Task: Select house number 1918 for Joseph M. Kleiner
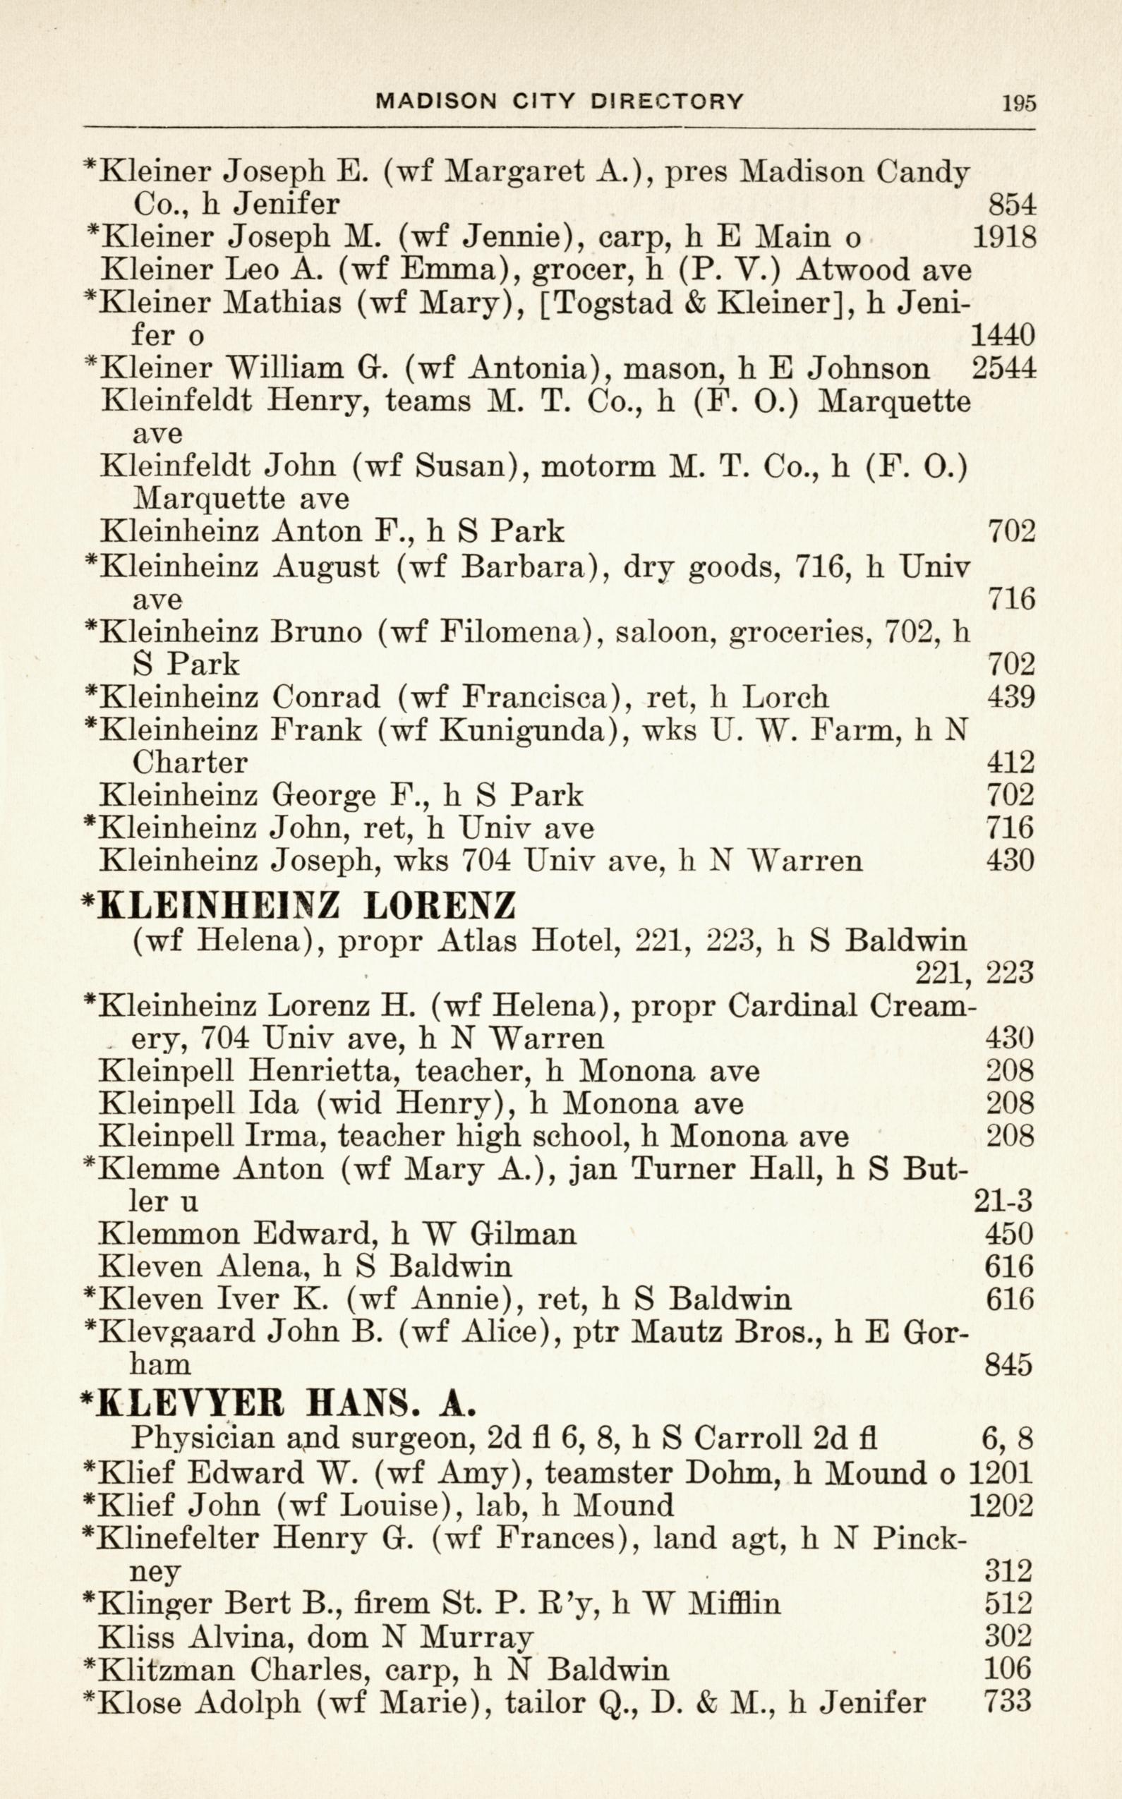tap(1003, 236)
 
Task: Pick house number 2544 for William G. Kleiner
tap(1003, 368)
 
